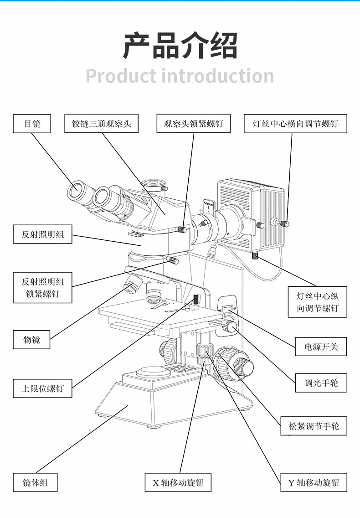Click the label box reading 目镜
pos(32,124)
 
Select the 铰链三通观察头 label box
pos(101,124)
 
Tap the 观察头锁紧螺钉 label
pos(194,124)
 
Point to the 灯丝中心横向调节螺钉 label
pos(295,124)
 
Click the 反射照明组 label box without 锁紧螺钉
pos(42,235)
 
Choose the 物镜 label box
pos(32,339)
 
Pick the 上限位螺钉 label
pos(42,388)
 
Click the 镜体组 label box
pos(35,482)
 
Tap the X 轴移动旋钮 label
pos(178,482)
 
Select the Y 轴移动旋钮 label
pos(314,482)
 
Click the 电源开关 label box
pos(321,347)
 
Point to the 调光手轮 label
pos(321,383)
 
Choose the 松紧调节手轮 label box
pos(314,426)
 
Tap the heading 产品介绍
pos(180,46)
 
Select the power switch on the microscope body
pos(227,308)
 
